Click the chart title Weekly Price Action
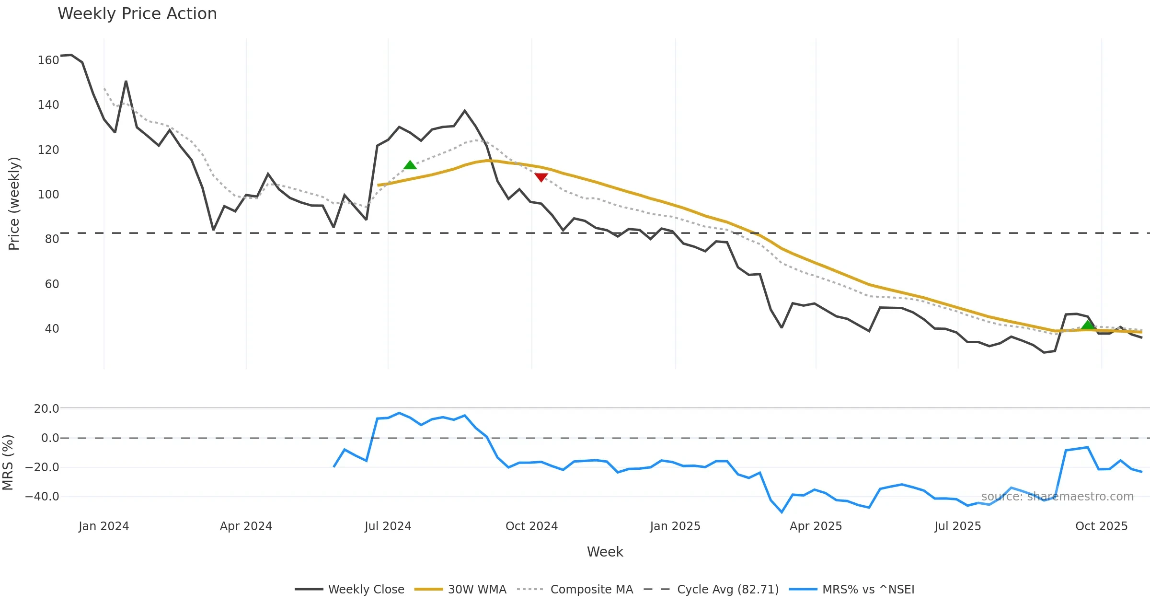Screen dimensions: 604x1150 [x=137, y=14]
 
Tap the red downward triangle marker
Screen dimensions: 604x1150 [x=541, y=177]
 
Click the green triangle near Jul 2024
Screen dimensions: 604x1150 [x=410, y=165]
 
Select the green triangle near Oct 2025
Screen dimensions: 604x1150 [x=1088, y=325]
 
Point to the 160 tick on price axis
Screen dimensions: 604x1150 [x=48, y=60]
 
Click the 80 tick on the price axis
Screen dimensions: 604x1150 [x=52, y=239]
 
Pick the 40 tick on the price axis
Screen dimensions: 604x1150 [x=52, y=329]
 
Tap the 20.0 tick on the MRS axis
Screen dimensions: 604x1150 [x=46, y=409]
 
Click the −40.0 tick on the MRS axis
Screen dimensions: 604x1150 [x=42, y=497]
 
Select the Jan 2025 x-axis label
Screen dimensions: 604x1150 [x=675, y=526]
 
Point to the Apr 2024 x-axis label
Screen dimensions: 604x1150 [x=246, y=526]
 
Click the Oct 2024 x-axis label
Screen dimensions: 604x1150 [x=531, y=526]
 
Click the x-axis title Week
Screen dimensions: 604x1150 [x=605, y=552]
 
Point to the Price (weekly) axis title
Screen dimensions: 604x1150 [x=14, y=204]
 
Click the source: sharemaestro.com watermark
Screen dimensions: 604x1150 [x=1057, y=497]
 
